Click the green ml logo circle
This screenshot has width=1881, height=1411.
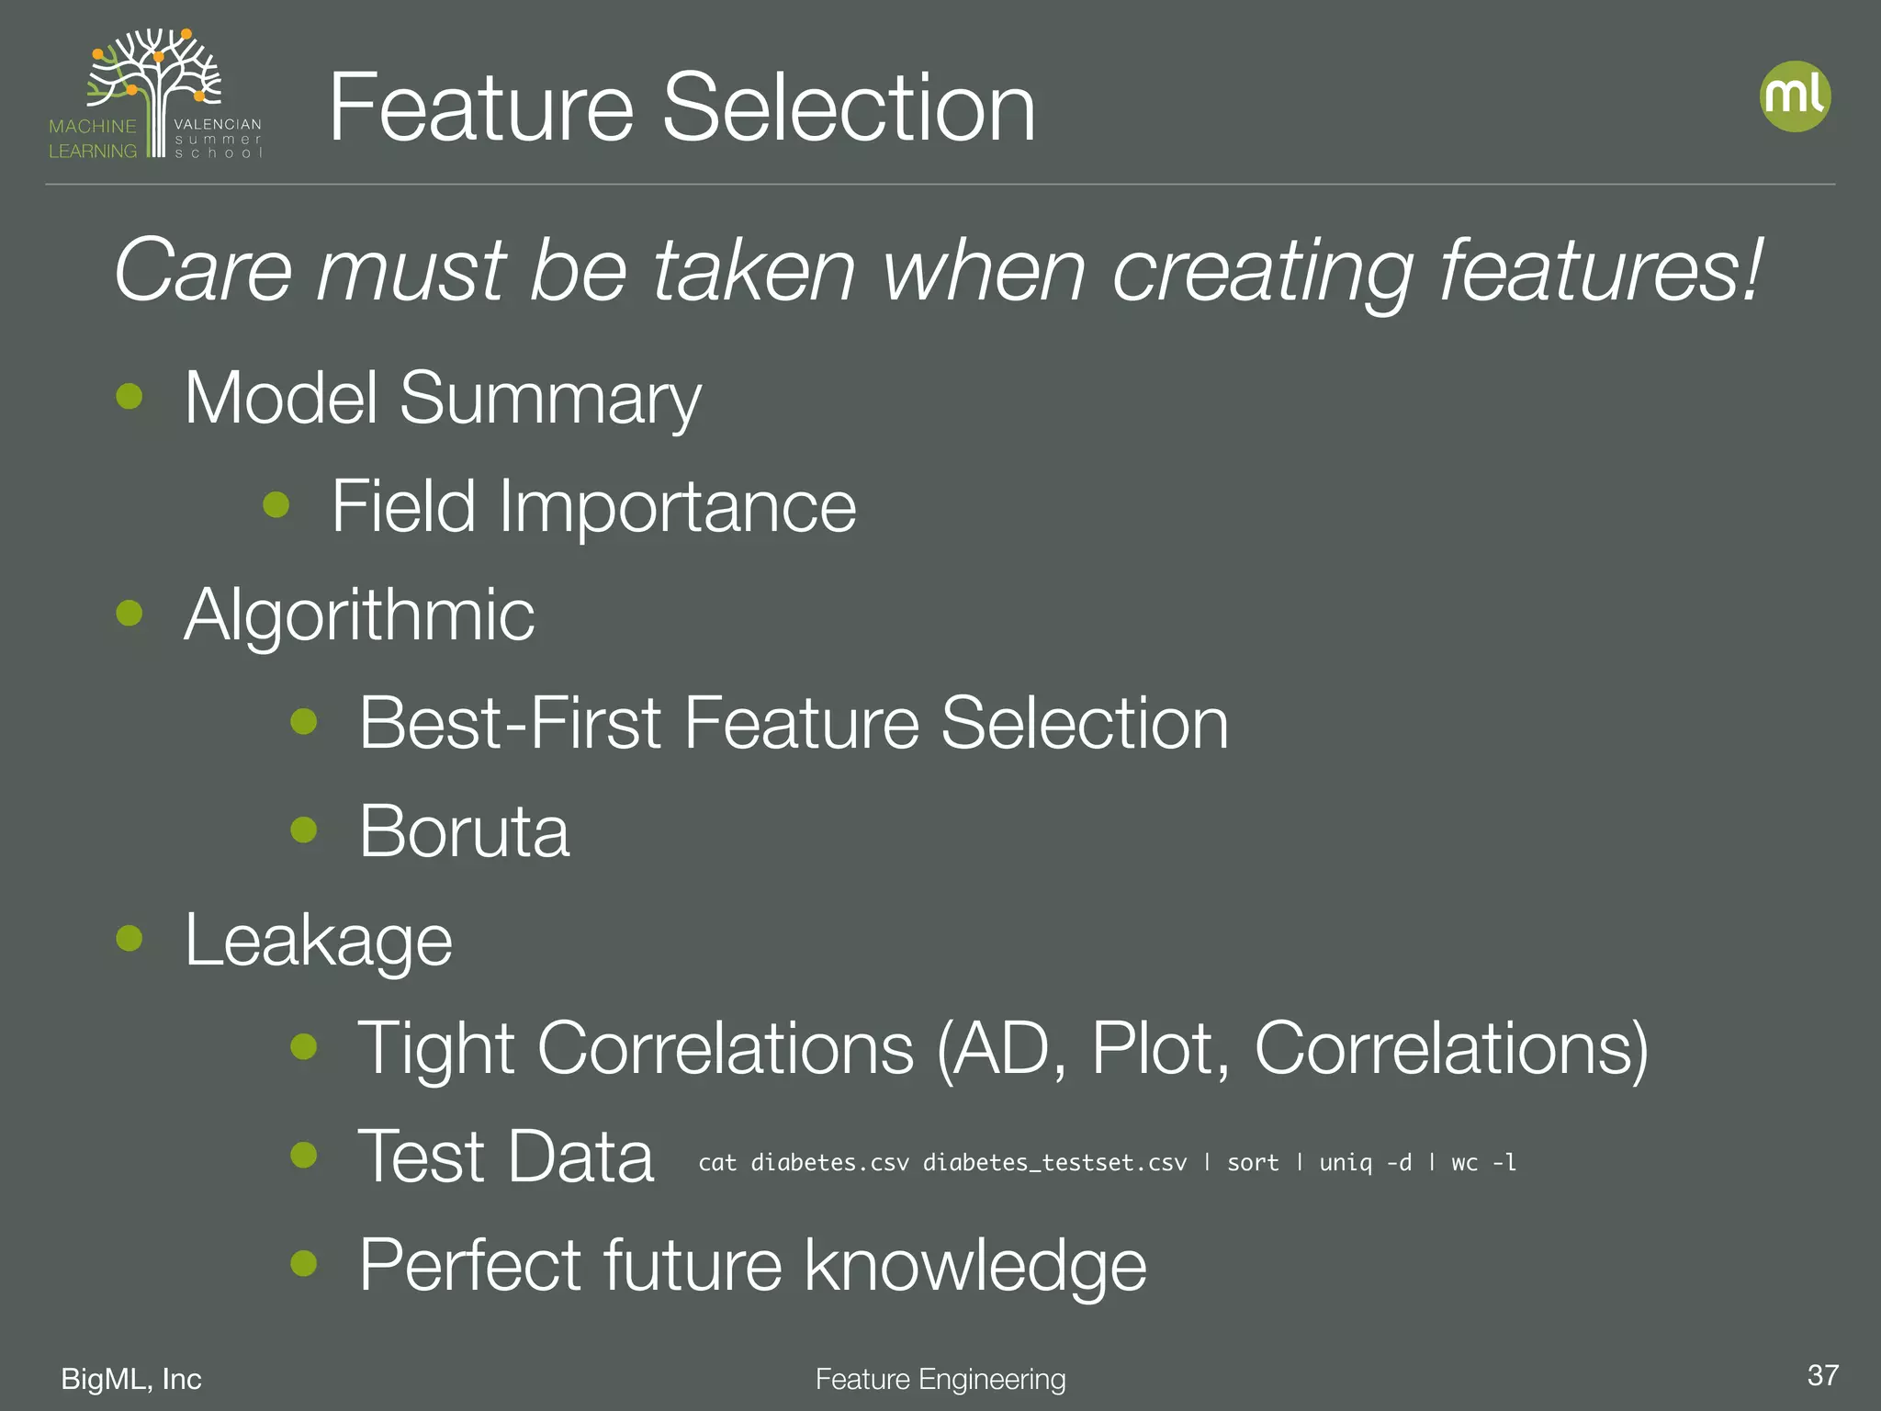click(1795, 96)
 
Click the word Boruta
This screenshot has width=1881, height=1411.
click(464, 831)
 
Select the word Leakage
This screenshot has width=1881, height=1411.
click(318, 941)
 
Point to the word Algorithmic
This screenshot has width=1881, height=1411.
click(359, 615)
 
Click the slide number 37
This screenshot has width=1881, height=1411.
click(1822, 1375)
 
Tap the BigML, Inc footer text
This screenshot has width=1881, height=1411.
click(131, 1379)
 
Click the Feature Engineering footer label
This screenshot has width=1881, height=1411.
click(940, 1379)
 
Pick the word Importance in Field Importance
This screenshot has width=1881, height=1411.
click(677, 506)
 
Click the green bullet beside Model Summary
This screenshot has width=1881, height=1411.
click(130, 396)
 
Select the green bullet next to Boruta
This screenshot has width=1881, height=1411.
click(303, 830)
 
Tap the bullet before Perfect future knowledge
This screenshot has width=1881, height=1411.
click(303, 1263)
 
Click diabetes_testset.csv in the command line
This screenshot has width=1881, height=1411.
click(1054, 1163)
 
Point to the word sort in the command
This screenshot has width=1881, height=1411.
click(1253, 1163)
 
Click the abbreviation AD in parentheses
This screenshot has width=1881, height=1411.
click(1008, 1048)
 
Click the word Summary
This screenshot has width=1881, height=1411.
click(550, 400)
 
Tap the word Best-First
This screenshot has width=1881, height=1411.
click(510, 723)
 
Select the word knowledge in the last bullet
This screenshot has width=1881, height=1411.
click(975, 1266)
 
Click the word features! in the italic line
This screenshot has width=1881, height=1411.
click(1601, 270)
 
